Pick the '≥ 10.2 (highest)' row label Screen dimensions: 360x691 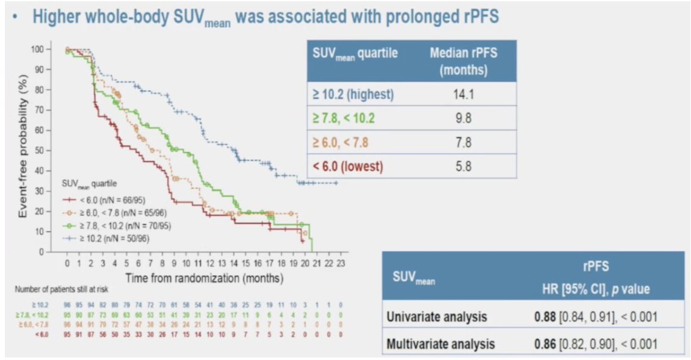pyautogui.click(x=353, y=95)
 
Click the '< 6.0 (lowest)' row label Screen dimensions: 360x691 pyautogui.click(x=348, y=166)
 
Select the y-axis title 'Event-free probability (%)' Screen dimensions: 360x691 pyautogui.click(x=24, y=149)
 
